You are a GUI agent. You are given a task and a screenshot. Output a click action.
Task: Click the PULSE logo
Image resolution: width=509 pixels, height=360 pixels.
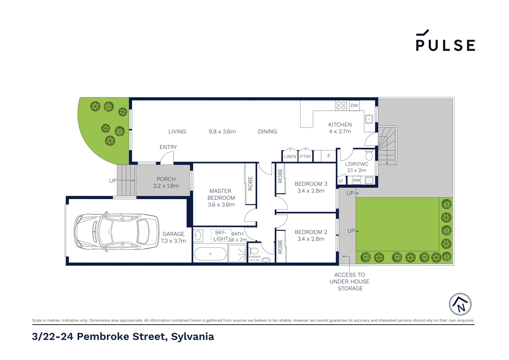445,41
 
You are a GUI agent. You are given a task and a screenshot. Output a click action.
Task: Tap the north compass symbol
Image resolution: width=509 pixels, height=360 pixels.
460,304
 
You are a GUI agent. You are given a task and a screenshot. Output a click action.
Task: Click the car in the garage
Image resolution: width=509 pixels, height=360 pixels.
116,231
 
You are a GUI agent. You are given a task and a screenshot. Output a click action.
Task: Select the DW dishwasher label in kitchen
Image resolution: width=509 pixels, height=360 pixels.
354,106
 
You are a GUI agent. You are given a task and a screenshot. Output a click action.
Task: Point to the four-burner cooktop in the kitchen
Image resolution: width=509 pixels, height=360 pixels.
341,105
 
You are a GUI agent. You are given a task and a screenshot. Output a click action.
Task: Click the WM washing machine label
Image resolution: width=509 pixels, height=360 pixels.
356,180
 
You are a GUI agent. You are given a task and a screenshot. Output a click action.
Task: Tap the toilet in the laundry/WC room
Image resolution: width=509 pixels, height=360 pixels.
369,155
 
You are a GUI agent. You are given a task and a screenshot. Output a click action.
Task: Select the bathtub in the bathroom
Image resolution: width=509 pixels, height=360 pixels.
210,254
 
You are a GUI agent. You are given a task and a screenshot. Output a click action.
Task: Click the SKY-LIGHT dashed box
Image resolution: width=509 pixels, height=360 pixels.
221,235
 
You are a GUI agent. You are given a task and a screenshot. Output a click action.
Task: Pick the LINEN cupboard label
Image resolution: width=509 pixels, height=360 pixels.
290,157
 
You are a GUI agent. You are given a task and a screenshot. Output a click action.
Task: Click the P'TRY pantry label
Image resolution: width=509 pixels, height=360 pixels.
305,157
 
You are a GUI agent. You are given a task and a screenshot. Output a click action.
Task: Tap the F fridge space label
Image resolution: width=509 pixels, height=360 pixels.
329,156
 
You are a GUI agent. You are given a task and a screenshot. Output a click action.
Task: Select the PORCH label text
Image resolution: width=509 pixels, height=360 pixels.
166,179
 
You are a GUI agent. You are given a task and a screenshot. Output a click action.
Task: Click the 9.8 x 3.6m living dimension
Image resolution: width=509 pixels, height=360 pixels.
222,132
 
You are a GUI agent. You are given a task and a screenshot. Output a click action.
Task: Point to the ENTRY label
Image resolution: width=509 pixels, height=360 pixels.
168,147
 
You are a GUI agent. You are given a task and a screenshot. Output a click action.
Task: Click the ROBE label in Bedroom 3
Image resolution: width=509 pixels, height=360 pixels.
280,176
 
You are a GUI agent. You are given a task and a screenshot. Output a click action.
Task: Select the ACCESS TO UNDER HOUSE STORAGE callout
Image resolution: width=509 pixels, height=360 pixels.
349,282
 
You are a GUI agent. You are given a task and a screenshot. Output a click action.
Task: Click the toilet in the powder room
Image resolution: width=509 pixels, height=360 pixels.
254,251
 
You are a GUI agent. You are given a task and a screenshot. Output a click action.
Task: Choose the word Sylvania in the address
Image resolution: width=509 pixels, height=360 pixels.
192,337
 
